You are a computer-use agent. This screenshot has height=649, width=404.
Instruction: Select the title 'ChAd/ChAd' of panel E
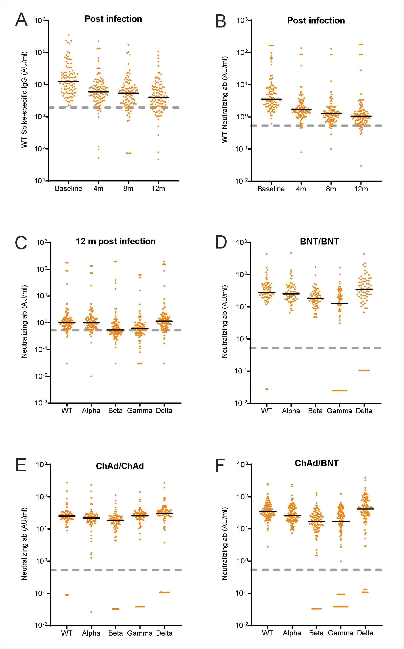pos(120,466)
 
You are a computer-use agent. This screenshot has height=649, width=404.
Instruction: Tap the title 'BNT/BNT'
pos(319,242)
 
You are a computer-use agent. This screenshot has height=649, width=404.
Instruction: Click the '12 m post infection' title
pos(116,241)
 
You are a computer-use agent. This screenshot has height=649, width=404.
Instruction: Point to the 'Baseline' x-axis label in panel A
pos(68,189)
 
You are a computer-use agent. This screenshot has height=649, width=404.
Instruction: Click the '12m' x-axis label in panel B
pos(361,189)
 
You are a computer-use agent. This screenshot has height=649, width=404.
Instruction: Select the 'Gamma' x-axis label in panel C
pos(139,411)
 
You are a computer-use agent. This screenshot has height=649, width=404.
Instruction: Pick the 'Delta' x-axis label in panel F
pos(365,633)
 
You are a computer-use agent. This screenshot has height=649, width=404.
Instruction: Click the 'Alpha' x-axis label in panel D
pos(291,411)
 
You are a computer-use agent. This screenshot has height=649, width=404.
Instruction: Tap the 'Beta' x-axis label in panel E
pos(116,633)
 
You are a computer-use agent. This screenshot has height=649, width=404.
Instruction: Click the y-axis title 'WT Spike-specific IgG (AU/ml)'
pos(24,99)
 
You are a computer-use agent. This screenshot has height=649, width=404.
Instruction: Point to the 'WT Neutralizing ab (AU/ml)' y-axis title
pos(225,100)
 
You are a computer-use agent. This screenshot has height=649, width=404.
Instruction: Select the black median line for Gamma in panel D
pos(339,303)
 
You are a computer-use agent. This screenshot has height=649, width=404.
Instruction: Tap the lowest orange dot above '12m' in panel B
pos(361,166)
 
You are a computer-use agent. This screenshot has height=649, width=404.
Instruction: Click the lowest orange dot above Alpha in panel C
pos(91,377)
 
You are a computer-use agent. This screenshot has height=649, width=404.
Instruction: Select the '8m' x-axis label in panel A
pos(128,189)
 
